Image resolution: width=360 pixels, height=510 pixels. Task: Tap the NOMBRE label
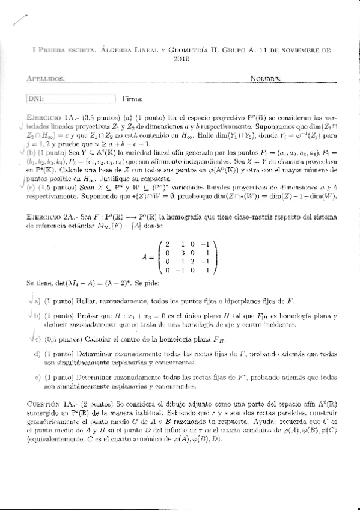click(266, 79)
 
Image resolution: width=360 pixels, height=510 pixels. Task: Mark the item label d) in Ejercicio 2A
click(37, 355)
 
